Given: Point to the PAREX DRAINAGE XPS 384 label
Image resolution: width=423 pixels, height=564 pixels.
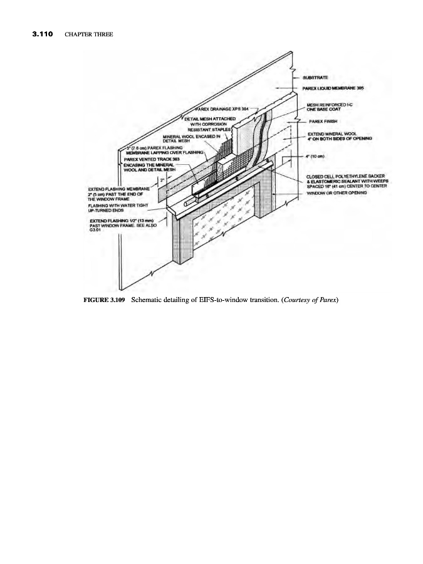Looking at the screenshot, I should coord(219,109).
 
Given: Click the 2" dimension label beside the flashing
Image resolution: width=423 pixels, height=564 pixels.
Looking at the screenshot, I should coord(162,180).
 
